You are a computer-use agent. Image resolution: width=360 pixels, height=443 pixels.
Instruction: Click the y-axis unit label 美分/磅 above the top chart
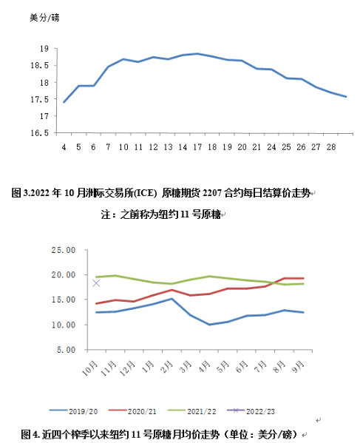pos(44,18)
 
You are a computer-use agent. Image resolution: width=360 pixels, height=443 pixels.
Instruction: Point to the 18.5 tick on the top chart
pos(39,66)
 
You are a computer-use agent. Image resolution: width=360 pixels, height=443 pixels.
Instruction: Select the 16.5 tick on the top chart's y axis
pos(39,133)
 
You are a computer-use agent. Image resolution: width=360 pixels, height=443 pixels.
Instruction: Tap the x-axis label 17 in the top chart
pos(197,147)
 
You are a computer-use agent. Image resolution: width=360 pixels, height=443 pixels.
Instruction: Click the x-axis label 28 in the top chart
pos(331,147)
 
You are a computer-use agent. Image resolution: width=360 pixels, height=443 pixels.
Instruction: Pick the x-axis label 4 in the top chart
pos(64,147)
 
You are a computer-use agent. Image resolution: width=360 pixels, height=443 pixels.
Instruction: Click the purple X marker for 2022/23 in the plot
pos(96,283)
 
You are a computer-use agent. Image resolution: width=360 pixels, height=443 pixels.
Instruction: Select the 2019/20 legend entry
pos(73,411)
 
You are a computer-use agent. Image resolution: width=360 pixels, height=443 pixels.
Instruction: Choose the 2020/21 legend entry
pos(132,411)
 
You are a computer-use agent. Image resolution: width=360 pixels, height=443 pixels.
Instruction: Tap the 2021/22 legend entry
pos(191,411)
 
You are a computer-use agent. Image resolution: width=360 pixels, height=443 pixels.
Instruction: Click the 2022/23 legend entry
pos(251,411)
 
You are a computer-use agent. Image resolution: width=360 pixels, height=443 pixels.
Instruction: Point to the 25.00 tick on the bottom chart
pos(64,250)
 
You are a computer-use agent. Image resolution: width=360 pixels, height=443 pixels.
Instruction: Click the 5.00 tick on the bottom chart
pos(67,350)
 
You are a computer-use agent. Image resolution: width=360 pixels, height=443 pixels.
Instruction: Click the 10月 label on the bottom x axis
pos(89,368)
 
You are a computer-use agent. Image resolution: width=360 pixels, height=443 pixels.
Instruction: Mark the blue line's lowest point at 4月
pos(209,325)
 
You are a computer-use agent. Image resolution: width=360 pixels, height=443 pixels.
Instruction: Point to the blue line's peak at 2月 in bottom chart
pos(171,299)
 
